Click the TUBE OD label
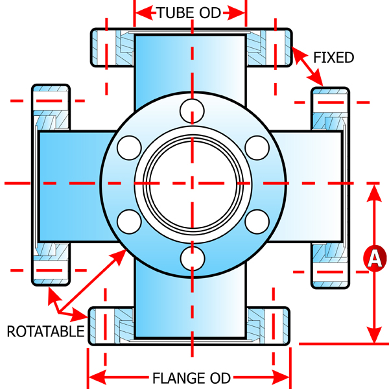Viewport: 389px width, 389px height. (190, 11)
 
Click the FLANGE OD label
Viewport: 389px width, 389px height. (189, 377)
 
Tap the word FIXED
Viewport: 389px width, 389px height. (333, 58)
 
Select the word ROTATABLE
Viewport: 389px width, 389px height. (46, 332)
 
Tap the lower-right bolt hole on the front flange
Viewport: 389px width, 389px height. (257, 221)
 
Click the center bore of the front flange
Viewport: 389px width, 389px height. (191, 183)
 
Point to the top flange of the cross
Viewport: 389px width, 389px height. (191, 47)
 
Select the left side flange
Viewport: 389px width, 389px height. (51, 185)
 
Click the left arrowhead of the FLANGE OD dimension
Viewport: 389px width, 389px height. (94, 377)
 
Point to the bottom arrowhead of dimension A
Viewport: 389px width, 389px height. (373, 337)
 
